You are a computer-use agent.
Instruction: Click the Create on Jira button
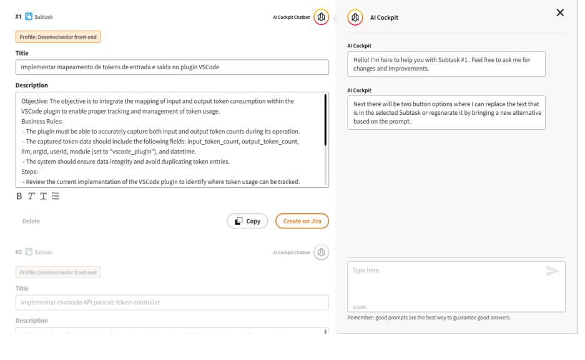[x=302, y=221]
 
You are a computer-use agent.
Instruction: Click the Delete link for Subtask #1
[x=31, y=221]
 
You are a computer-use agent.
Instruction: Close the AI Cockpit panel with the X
[x=559, y=12]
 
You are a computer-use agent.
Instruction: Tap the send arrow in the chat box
[x=552, y=270]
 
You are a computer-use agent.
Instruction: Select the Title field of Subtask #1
[x=172, y=67]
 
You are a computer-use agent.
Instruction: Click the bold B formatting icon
[x=19, y=196]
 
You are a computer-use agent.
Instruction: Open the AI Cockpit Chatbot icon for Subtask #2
[x=321, y=252]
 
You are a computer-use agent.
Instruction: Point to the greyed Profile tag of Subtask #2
[x=58, y=272]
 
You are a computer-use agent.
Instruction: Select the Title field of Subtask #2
[x=172, y=303]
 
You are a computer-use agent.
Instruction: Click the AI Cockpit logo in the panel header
[x=355, y=17]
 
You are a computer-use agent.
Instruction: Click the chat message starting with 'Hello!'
[x=446, y=64]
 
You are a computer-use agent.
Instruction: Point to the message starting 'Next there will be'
[x=446, y=112]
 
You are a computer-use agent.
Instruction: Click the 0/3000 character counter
[x=360, y=306]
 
